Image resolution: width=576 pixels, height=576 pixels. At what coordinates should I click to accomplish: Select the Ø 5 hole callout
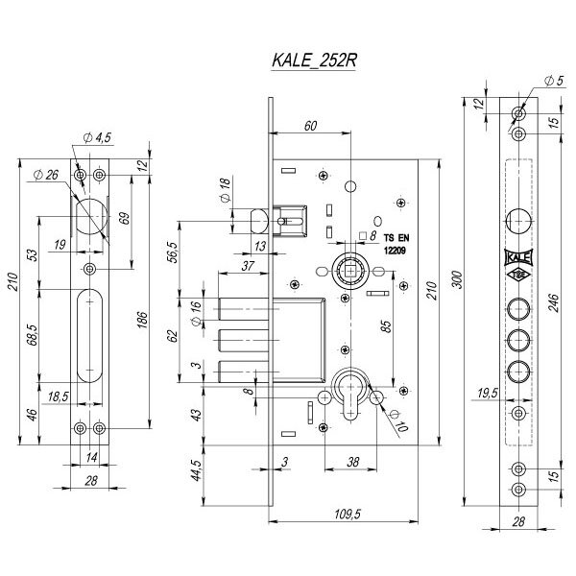(554, 81)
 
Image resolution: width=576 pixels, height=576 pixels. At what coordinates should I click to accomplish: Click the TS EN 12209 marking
(395, 243)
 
